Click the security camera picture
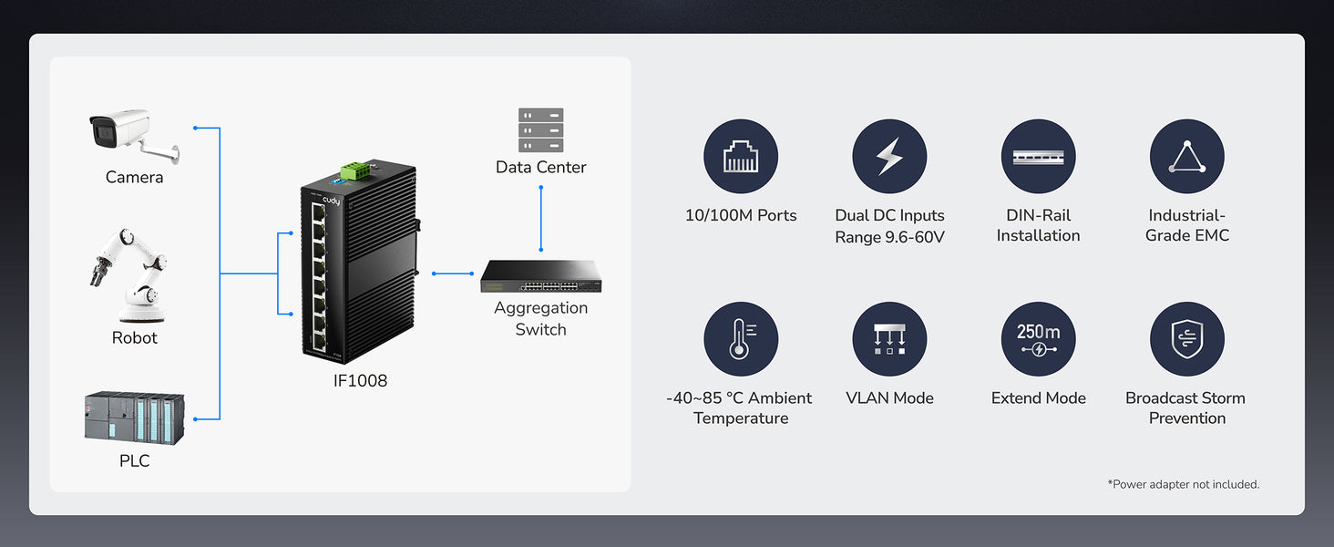(x=132, y=135)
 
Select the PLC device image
(x=134, y=418)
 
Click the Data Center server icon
(x=540, y=129)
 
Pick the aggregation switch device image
(x=541, y=276)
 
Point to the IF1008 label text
(x=360, y=381)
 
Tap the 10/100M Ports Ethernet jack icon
(x=741, y=157)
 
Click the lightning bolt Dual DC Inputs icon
(x=889, y=157)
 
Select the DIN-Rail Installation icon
(x=1038, y=157)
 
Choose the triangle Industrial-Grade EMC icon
(x=1186, y=157)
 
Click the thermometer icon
(x=741, y=339)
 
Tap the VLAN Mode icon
(x=889, y=339)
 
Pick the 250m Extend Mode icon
(x=1038, y=339)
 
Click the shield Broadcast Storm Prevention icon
(x=1186, y=339)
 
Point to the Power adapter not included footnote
(x=1183, y=484)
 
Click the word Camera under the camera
(x=134, y=177)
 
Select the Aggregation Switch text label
(x=540, y=318)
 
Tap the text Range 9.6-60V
(x=889, y=237)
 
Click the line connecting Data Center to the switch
(x=541, y=219)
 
